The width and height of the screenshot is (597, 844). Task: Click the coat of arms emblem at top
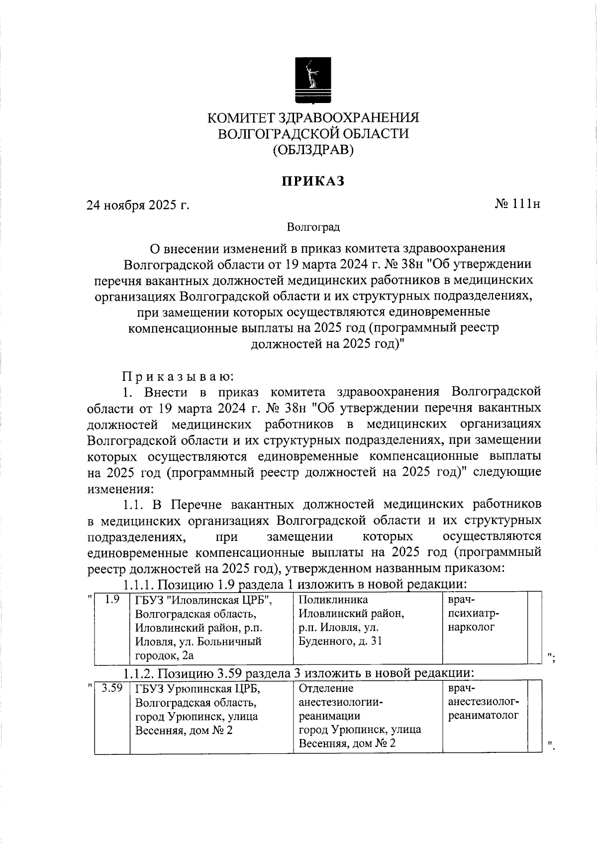pyautogui.click(x=313, y=80)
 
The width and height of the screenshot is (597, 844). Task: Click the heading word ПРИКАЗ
pyautogui.click(x=313, y=182)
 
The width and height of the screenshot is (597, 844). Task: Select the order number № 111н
pyautogui.click(x=517, y=204)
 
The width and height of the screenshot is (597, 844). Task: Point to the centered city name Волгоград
pyautogui.click(x=313, y=227)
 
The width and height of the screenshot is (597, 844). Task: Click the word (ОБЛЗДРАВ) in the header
pyautogui.click(x=313, y=150)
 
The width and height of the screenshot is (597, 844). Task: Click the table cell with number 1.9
pyautogui.click(x=112, y=600)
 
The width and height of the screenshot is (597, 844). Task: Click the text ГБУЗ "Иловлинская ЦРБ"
pyautogui.click(x=204, y=600)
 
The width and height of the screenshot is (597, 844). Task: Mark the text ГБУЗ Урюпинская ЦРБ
pyautogui.click(x=198, y=689)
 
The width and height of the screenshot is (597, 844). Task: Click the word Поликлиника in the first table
pyautogui.click(x=333, y=600)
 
